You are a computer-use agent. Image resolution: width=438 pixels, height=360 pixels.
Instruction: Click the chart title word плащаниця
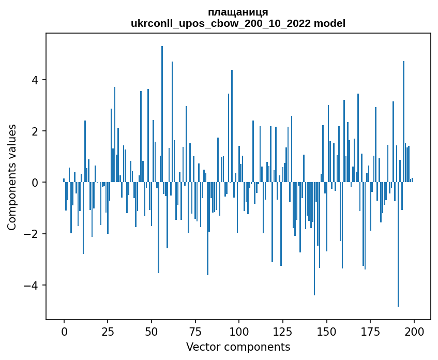(238, 12)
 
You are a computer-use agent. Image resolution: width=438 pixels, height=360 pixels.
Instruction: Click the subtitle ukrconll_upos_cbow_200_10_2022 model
(238, 23)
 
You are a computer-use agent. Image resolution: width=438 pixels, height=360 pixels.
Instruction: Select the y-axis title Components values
(11, 177)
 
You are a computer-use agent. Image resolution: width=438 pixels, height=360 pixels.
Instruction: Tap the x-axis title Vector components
(238, 347)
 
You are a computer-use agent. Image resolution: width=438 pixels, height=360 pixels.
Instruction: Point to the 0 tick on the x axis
(64, 331)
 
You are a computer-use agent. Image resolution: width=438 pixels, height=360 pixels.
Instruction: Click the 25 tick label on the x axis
(108, 331)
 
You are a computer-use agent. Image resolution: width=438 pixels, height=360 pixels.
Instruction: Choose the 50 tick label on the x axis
(152, 331)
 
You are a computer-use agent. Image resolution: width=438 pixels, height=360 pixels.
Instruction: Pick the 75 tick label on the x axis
(195, 331)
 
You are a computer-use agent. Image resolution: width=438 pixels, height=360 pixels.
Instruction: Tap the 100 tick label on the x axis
(239, 331)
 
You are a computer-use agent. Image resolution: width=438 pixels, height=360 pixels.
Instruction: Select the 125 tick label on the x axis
(283, 331)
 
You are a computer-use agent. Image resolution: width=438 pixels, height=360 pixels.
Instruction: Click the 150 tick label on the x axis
(326, 331)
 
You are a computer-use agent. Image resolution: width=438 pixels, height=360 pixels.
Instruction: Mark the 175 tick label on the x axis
(370, 331)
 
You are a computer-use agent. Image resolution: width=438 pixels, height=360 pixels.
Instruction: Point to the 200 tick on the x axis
(414, 331)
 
